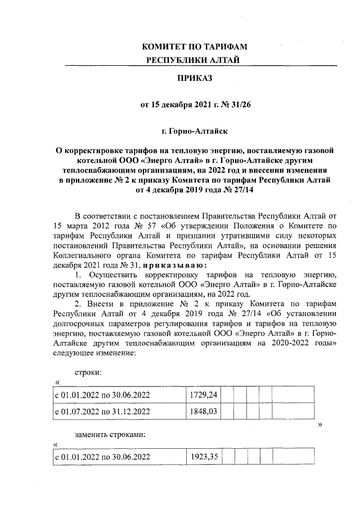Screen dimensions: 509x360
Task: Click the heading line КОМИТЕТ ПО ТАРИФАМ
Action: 195,47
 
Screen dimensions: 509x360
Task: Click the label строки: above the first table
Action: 88,373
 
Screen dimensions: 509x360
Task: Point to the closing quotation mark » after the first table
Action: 320,424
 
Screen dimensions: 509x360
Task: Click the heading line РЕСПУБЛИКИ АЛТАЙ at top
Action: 195,60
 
